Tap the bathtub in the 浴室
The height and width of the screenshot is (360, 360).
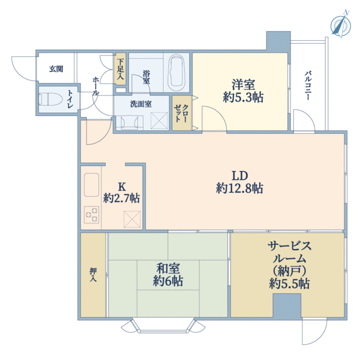176,73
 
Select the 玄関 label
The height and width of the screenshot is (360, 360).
56,68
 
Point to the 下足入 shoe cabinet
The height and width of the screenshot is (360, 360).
120,68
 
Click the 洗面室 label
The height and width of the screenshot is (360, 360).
141,104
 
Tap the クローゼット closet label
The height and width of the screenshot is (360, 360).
182,113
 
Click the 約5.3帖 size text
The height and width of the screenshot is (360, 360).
243,97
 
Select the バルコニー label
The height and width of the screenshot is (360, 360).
308,85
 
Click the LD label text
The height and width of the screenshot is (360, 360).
239,176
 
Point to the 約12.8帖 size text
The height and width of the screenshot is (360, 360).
239,188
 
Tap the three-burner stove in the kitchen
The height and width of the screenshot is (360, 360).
92,215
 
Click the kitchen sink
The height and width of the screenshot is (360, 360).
91,185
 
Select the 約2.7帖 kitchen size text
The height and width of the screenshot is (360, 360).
121,198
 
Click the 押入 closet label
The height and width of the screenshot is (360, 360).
93,274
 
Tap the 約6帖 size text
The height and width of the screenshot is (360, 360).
168,281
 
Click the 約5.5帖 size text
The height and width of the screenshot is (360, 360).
289,284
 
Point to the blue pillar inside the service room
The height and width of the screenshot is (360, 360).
287,306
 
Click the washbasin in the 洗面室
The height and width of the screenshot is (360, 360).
130,122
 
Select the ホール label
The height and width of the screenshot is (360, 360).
96,86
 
